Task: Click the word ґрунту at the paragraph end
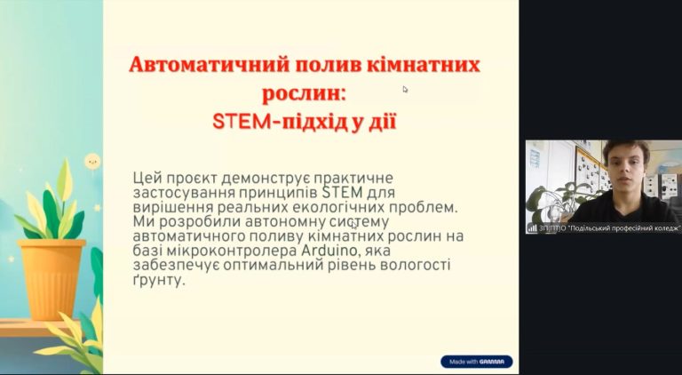(157, 280)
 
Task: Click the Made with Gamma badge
(476, 362)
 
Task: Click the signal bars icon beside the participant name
(532, 228)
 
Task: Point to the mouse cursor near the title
(405, 89)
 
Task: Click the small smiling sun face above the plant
(92, 162)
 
